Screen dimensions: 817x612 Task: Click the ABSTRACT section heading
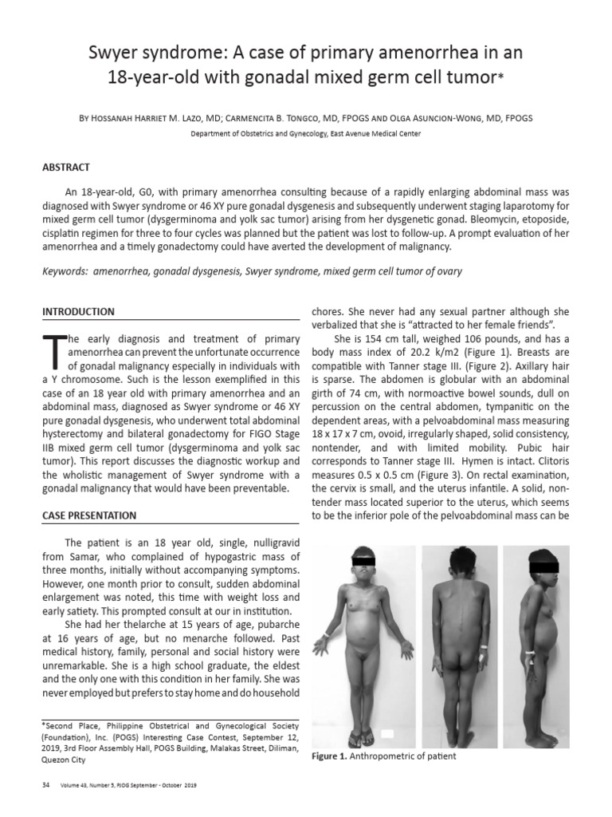65,168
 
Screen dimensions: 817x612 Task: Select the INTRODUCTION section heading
77,311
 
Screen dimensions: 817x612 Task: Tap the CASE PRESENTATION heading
88,515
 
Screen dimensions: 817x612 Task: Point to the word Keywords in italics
65,272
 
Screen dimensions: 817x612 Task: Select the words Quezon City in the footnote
65,760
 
